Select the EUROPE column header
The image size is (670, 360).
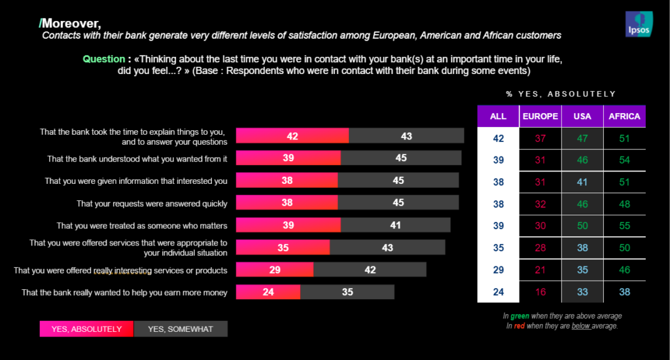point(540,117)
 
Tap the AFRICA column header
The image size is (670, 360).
point(624,117)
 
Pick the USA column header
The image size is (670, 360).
point(582,117)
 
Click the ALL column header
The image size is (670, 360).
point(498,117)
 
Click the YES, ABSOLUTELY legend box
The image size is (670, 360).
point(86,329)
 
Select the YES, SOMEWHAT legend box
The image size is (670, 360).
point(181,329)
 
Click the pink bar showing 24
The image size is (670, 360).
point(268,292)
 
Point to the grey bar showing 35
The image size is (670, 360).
point(347,292)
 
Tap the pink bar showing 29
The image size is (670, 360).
point(274,270)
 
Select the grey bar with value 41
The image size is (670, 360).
point(395,225)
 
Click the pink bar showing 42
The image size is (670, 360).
point(292,135)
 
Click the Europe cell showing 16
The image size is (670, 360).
point(540,292)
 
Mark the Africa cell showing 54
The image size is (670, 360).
point(624,159)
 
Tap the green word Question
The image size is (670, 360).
point(103,59)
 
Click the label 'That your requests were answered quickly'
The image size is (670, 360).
point(152,204)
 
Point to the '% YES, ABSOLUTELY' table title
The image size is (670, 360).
point(561,94)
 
